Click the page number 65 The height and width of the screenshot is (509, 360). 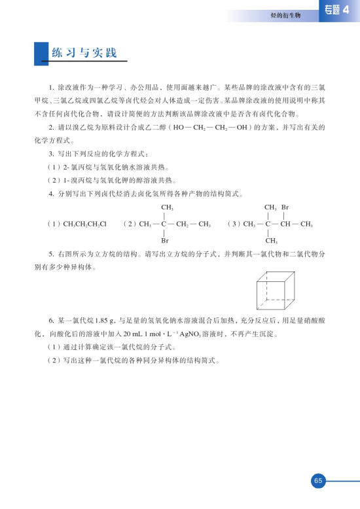pos(318,481)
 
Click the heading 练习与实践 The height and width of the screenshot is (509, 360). pos(84,52)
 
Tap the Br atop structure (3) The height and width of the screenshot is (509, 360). pos(285,207)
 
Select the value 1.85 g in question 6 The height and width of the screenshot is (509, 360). pos(106,321)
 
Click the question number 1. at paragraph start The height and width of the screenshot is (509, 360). pos(52,87)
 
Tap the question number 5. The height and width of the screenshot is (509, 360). pos(52,253)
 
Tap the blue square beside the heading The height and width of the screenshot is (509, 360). pos(42,53)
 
